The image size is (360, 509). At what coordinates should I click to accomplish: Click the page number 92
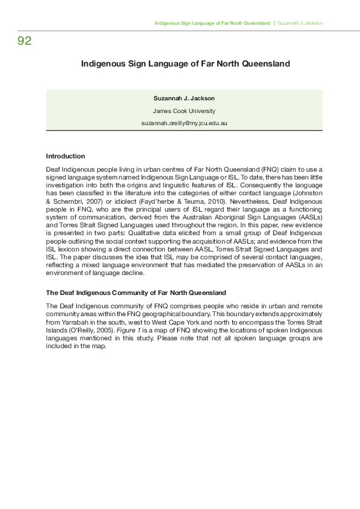[25, 41]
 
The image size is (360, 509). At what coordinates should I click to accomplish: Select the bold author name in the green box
[184, 98]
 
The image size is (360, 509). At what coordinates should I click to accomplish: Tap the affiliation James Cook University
[184, 111]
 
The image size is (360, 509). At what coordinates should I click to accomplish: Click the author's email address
[184, 123]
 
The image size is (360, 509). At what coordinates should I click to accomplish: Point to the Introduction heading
[65, 156]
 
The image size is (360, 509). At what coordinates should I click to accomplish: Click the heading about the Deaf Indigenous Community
[136, 293]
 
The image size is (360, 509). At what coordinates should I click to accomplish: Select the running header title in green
[212, 23]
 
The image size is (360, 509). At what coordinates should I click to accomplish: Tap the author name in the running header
[299, 23]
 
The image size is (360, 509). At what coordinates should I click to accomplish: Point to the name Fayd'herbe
[138, 200]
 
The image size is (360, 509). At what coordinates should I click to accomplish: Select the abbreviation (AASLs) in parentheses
[309, 216]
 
